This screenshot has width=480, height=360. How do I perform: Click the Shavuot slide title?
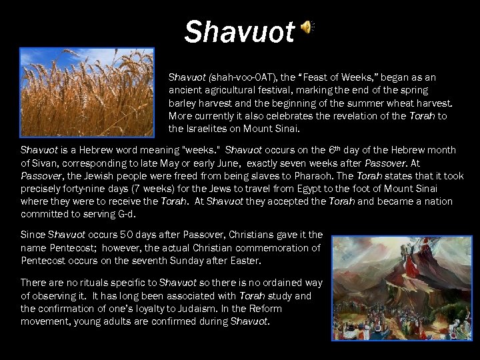pos(239,31)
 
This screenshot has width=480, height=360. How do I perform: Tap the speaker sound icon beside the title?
pos(307,27)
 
